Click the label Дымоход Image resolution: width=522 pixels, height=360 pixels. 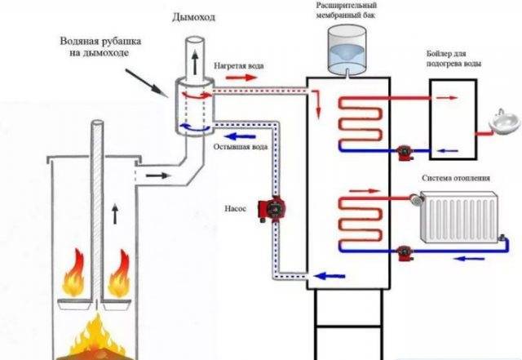pos(193,17)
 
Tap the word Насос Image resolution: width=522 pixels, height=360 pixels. pos(236,209)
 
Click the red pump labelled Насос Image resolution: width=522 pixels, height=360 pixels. pos(272,209)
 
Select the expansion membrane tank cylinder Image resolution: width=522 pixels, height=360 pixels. pos(347,49)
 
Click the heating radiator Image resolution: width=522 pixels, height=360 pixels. pos(458,216)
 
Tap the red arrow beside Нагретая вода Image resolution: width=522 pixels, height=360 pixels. pos(241,78)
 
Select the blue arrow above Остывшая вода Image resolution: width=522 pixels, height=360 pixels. pos(241,136)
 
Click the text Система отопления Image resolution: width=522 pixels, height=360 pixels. pos(456,178)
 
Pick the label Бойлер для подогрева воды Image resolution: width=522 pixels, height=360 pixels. pos(453,58)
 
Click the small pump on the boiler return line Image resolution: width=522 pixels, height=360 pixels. pos(405,153)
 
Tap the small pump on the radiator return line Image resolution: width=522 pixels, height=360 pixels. pos(405,253)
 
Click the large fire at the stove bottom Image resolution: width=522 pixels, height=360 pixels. pos(97,338)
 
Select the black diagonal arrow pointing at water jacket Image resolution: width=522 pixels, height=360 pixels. pos(147,83)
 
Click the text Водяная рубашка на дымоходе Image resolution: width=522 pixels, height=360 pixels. pos(100,47)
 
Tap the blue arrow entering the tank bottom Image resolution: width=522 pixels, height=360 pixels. pos(330,276)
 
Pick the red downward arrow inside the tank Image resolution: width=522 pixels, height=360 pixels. pos(318,104)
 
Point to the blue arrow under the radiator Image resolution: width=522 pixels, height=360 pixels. pos(469,258)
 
